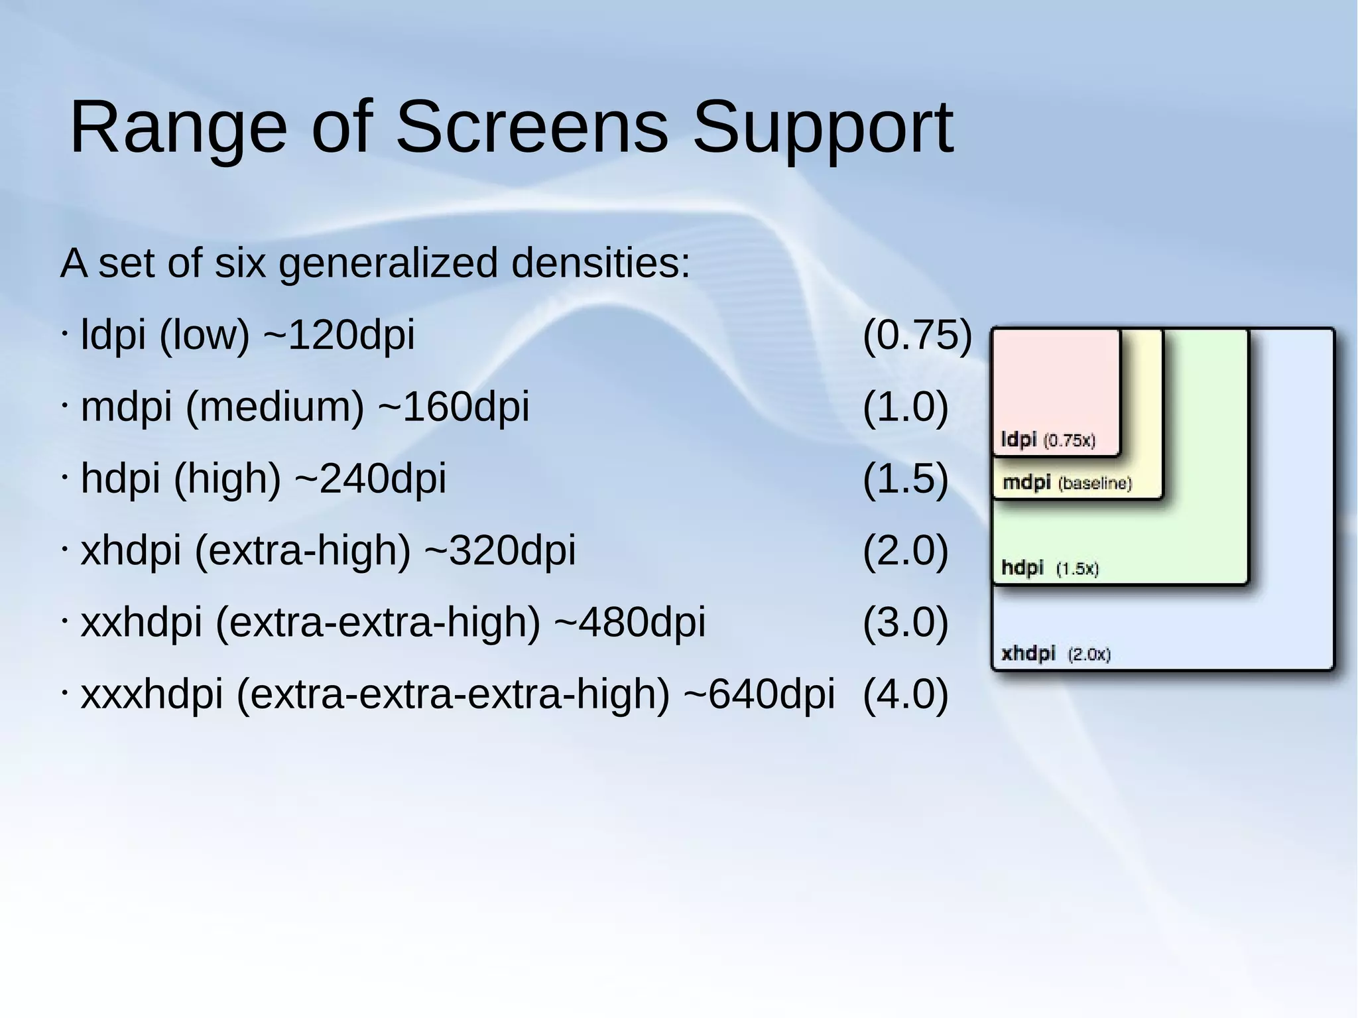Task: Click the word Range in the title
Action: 178,127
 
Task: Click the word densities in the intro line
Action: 600,263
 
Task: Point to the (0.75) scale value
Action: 917,334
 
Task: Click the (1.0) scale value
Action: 905,407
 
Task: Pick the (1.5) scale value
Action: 905,478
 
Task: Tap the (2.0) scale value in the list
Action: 905,550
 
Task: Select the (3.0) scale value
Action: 905,623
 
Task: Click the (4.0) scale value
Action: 905,694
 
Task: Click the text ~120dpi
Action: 339,334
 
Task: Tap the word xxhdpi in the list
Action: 141,623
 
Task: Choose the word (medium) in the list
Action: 275,407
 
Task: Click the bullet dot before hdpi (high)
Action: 64,476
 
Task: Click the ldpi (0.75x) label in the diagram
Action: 1048,440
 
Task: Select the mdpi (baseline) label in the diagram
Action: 1066,483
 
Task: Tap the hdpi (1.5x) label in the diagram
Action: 1049,568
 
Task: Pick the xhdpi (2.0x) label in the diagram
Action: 1055,654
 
